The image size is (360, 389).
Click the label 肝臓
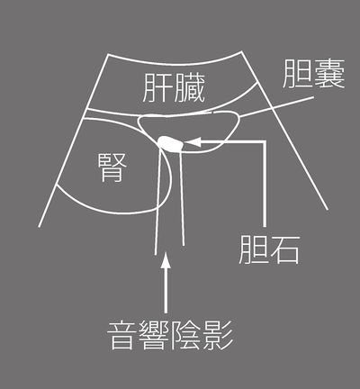[174, 88]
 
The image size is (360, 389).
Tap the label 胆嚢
[313, 74]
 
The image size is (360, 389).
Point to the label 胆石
[269, 249]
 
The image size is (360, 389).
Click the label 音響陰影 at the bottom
[170, 335]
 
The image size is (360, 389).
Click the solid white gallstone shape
[170, 143]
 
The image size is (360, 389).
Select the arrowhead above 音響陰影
[166, 259]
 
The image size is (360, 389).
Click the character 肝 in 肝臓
[157, 88]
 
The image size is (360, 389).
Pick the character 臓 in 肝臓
[190, 88]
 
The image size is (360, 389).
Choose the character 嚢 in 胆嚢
[329, 74]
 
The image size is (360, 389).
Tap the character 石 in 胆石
[284, 249]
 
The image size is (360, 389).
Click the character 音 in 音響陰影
[122, 335]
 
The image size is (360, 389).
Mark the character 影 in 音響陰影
[218, 335]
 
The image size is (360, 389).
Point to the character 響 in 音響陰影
[154, 335]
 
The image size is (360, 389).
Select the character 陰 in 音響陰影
[186, 335]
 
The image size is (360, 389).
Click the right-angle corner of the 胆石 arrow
[265, 141]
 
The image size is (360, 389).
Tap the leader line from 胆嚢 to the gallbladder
[277, 107]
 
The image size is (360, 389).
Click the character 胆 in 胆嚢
[298, 74]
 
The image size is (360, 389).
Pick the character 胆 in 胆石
[254, 249]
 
